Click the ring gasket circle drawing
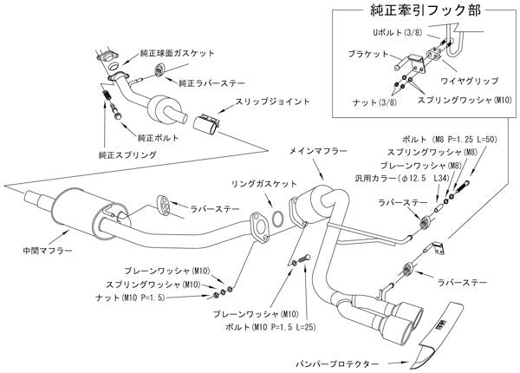[x=276, y=218]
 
